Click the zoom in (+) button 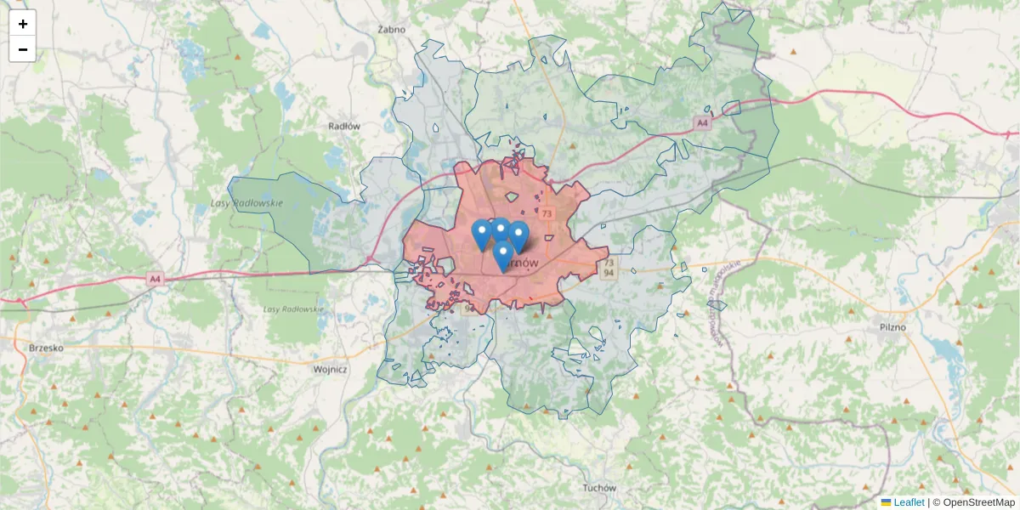pos(23,24)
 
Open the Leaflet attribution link pos(909,502)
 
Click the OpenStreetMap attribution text pos(978,502)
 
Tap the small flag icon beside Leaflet pos(886,502)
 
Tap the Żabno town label pos(392,29)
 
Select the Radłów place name pos(344,126)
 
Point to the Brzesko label pos(47,347)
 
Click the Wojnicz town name pos(331,370)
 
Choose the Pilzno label pos(892,326)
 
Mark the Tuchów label pos(599,488)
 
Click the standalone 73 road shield pos(547,213)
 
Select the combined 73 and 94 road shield pos(608,269)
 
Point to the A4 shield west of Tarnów pos(154,278)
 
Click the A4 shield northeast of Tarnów pos(701,123)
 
